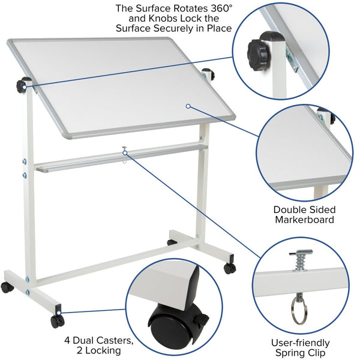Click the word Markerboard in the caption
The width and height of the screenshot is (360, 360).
point(304,220)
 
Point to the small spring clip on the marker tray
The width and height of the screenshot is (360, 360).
point(125,152)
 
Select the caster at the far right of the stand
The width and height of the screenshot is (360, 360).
point(230,268)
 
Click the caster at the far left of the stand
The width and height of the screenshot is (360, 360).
point(7,287)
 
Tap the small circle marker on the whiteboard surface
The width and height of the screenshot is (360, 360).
point(188,106)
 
